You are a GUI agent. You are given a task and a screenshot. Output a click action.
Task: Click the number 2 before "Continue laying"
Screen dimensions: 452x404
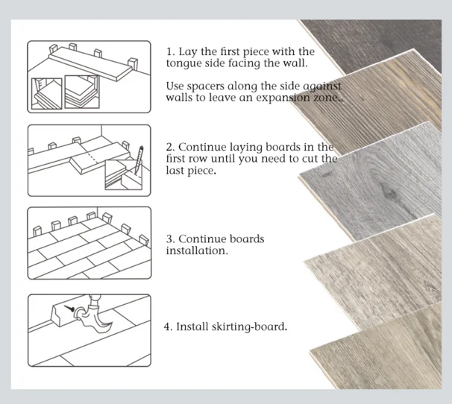pyautogui.click(x=169, y=148)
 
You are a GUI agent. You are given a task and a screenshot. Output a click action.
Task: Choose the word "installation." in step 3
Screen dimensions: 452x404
pyautogui.click(x=197, y=250)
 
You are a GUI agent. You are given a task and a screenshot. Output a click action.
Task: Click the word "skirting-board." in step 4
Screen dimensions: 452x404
pyautogui.click(x=249, y=327)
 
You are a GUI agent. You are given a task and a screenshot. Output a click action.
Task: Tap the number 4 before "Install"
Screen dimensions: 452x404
pyautogui.click(x=167, y=327)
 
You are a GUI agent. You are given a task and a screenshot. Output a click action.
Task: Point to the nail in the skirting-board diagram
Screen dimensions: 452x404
pyautogui.click(x=69, y=309)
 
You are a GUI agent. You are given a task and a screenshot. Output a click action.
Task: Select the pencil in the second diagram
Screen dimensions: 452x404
pyautogui.click(x=139, y=160)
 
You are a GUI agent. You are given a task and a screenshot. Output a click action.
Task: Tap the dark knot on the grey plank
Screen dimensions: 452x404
pyautogui.click(x=388, y=192)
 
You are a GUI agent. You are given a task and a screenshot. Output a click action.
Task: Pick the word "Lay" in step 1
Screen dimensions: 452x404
pyautogui.click(x=188, y=52)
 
